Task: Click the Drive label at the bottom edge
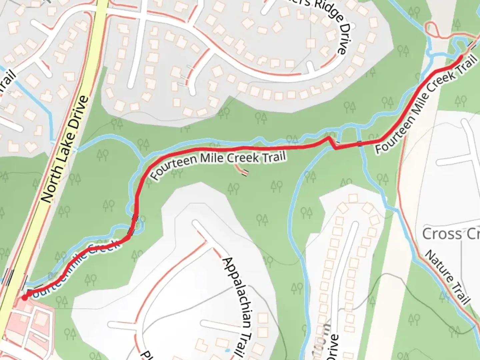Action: [331, 347]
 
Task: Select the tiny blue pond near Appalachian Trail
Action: [227, 350]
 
